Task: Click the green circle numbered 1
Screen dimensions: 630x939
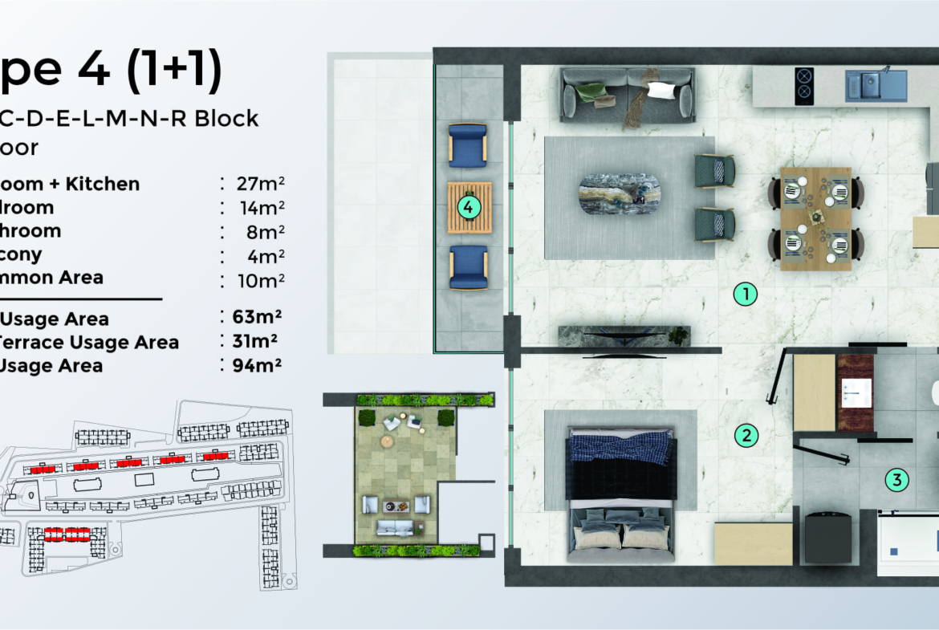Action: click(746, 295)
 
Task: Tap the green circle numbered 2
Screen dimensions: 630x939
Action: click(746, 436)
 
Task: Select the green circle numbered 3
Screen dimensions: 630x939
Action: click(896, 481)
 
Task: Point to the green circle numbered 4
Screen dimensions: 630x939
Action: click(469, 208)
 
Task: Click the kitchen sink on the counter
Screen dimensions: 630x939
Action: click(875, 85)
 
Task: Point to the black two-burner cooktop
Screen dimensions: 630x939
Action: click(806, 85)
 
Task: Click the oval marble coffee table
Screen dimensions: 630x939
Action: click(620, 193)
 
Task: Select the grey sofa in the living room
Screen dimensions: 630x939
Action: click(628, 94)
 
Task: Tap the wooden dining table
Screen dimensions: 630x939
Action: click(815, 218)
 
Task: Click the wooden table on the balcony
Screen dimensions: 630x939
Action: click(469, 208)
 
